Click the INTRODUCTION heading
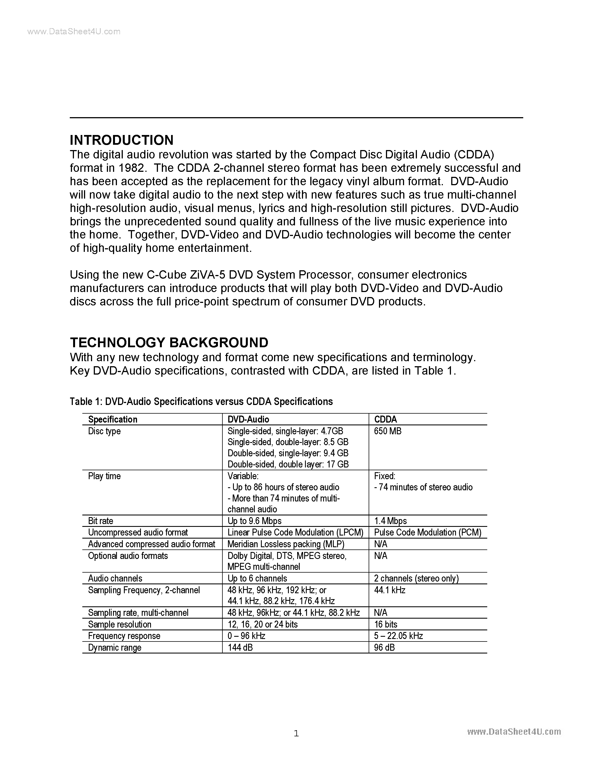point(122,140)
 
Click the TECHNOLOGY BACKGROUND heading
point(169,343)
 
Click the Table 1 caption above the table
point(201,401)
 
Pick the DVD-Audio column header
point(248,419)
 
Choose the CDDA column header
point(385,419)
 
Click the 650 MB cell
point(388,431)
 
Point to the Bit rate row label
point(100,521)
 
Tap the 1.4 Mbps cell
point(390,521)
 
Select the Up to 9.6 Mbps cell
point(254,521)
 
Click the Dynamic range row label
point(114,648)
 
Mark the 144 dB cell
point(240,648)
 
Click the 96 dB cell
point(384,648)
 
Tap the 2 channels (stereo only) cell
point(416,578)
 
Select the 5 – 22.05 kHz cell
point(398,636)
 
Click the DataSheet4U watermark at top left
point(74,32)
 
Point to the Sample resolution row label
point(119,624)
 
